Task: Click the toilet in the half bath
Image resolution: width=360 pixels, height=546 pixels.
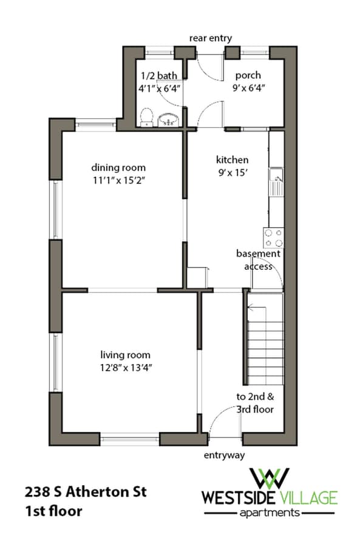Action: pyautogui.click(x=147, y=117)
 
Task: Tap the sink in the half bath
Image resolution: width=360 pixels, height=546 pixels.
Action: pyautogui.click(x=169, y=120)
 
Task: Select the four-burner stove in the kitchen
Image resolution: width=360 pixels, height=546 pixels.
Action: pyautogui.click(x=273, y=238)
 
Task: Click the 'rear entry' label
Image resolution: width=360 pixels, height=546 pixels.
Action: pyautogui.click(x=211, y=38)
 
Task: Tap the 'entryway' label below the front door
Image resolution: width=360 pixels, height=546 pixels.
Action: pyautogui.click(x=224, y=455)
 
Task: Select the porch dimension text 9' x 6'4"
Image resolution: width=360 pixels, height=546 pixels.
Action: pyautogui.click(x=248, y=87)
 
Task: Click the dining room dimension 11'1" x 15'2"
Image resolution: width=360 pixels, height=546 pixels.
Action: pyautogui.click(x=118, y=180)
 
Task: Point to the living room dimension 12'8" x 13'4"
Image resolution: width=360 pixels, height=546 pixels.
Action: pyautogui.click(x=126, y=368)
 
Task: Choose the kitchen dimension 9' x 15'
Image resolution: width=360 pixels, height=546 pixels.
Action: pyautogui.click(x=233, y=172)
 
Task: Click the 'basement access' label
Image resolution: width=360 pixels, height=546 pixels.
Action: pyautogui.click(x=258, y=260)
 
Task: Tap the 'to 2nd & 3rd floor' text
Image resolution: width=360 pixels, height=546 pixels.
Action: pyautogui.click(x=255, y=403)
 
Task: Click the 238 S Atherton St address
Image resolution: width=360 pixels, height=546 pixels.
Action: pyautogui.click(x=86, y=492)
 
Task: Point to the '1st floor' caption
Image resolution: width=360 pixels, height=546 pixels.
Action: pyautogui.click(x=53, y=511)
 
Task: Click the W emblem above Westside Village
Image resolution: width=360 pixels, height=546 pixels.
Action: pyautogui.click(x=269, y=478)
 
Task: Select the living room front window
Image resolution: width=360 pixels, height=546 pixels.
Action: pyautogui.click(x=130, y=439)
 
